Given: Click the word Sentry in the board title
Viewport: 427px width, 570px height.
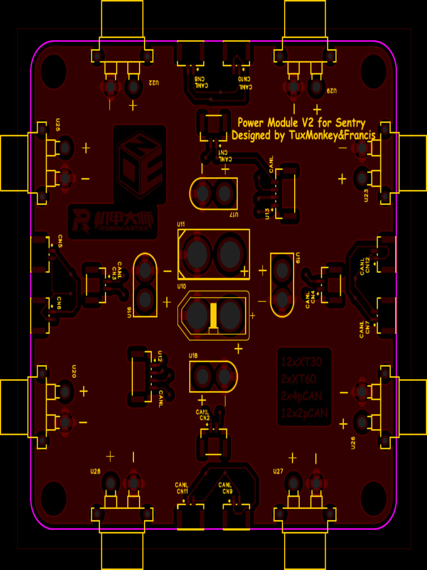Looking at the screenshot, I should [349, 123].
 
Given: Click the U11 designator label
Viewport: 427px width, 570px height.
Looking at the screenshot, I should [181, 224].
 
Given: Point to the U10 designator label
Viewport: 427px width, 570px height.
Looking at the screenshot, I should [181, 286].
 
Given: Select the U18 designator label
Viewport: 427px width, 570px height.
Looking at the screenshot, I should [193, 355].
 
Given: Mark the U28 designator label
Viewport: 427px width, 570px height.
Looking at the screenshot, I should [95, 471].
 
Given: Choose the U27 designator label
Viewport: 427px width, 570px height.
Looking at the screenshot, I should [279, 471].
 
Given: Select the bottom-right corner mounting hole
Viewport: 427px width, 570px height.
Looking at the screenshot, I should [374, 495].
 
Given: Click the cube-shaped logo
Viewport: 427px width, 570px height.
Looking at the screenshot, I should [140, 163].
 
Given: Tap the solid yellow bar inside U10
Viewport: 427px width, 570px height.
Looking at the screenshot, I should [213, 316].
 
